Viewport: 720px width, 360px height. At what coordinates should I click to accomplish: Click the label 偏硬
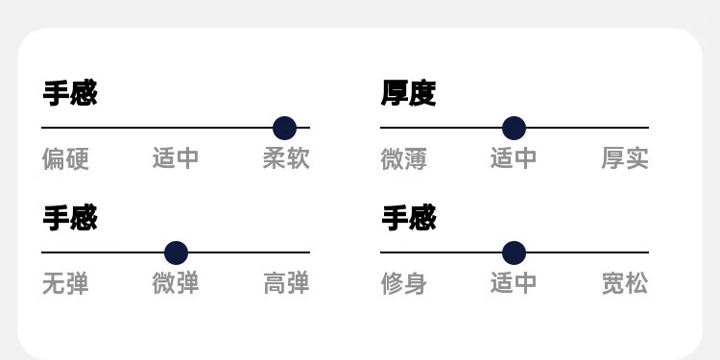[65, 158]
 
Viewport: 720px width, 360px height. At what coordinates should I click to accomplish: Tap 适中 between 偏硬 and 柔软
[176, 158]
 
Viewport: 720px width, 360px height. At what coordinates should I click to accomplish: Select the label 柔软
[286, 158]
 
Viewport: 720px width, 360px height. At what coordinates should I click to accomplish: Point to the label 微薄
[403, 158]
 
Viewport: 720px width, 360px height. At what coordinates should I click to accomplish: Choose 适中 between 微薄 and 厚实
[514, 158]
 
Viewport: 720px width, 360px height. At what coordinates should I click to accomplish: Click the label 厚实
[625, 158]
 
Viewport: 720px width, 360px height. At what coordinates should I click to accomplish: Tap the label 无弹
[65, 283]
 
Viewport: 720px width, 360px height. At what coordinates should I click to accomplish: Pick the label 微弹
[176, 283]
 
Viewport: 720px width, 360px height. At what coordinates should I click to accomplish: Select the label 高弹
[286, 283]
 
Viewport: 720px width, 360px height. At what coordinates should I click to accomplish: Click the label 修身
[403, 283]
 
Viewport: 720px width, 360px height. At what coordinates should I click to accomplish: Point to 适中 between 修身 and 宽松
[514, 282]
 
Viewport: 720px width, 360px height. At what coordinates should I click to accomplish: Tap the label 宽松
[625, 283]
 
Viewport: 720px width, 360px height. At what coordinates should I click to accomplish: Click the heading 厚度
[408, 93]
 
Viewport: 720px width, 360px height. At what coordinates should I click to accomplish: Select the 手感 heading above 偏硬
[70, 93]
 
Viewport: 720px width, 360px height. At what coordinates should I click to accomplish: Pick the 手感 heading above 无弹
[70, 218]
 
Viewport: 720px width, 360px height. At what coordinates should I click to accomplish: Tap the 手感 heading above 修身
[409, 218]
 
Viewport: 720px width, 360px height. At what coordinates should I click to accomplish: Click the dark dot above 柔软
[285, 128]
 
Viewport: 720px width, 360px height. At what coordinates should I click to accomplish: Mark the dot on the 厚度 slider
[514, 128]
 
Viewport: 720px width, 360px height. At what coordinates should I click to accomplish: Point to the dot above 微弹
[177, 253]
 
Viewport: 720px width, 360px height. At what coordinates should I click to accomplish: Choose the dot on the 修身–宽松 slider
[514, 253]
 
